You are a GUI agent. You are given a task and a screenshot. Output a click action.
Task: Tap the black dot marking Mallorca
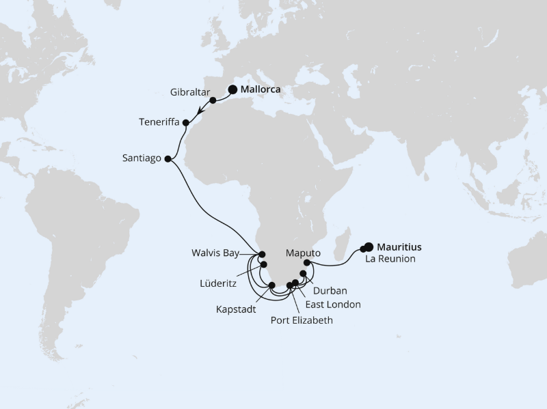[x=232, y=89]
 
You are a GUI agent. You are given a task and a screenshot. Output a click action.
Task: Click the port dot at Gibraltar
[x=213, y=100]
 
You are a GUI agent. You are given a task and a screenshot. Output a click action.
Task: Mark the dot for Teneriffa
[x=185, y=123]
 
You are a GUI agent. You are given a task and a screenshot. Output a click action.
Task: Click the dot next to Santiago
[x=168, y=158]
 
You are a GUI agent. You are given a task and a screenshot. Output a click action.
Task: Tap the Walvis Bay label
[x=216, y=253]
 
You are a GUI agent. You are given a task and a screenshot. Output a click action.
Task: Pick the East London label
[x=334, y=305]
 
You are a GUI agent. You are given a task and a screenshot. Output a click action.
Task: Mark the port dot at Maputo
[x=307, y=263]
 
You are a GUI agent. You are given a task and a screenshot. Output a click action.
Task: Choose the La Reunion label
[x=390, y=259]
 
